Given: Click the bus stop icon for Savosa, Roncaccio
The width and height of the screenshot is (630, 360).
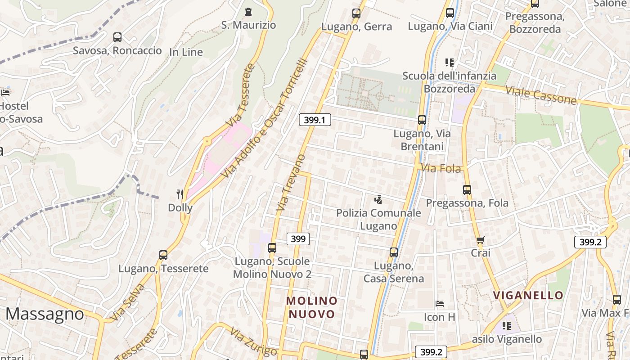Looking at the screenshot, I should [x=117, y=37].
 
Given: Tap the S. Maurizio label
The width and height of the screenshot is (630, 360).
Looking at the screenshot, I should [x=248, y=25].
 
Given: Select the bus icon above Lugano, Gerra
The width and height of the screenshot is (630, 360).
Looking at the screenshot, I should [x=356, y=13].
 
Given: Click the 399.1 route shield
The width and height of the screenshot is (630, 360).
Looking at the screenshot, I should [x=315, y=120].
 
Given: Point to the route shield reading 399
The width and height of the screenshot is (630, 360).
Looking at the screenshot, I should [x=298, y=239].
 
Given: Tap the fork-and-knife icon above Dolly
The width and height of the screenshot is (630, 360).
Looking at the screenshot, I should [x=180, y=194].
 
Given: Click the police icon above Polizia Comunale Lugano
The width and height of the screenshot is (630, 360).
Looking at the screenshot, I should [x=378, y=199].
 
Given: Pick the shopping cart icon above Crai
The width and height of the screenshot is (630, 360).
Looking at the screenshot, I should [x=480, y=240].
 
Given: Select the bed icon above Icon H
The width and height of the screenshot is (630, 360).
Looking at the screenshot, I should [x=440, y=304].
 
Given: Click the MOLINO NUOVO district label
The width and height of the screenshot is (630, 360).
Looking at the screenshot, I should [x=312, y=307].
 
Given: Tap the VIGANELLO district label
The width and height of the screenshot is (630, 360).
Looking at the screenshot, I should [x=528, y=295].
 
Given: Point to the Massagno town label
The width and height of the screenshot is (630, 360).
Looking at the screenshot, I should [x=45, y=314].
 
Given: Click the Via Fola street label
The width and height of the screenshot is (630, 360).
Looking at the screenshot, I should [x=441, y=169].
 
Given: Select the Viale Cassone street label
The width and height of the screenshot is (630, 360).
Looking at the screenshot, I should [x=540, y=94].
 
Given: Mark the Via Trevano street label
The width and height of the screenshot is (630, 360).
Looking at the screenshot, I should [x=291, y=183].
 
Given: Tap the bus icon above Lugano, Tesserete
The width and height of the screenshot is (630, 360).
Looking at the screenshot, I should [x=163, y=255].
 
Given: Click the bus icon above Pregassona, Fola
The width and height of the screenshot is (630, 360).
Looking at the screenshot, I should [x=467, y=190].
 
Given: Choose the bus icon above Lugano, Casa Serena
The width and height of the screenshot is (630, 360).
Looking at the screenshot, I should [x=394, y=252].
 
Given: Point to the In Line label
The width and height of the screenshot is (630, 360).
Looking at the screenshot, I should [x=186, y=52].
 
